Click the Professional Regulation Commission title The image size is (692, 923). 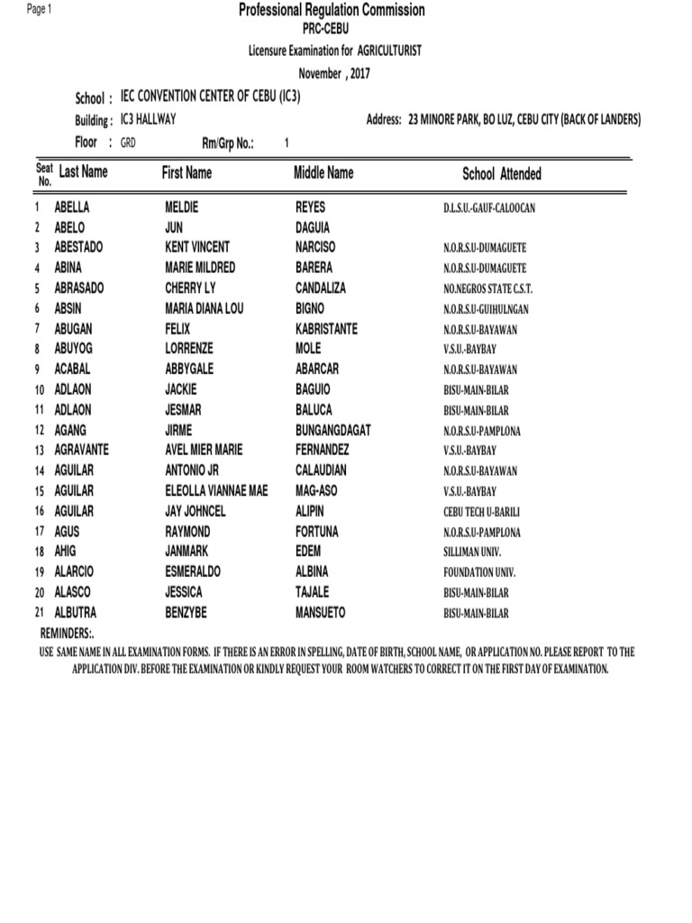(x=331, y=10)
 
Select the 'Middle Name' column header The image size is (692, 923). (x=323, y=172)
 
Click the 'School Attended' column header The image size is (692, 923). (x=501, y=174)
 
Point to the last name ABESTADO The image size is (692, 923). (x=79, y=247)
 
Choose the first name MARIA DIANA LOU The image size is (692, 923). (x=205, y=308)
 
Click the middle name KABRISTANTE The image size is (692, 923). (x=326, y=329)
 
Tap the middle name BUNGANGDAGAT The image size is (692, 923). (x=332, y=430)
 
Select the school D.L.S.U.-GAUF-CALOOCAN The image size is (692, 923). (x=489, y=208)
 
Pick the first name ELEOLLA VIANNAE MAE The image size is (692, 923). (x=216, y=491)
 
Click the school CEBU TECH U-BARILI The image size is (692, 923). (x=482, y=512)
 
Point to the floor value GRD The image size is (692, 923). (x=128, y=142)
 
